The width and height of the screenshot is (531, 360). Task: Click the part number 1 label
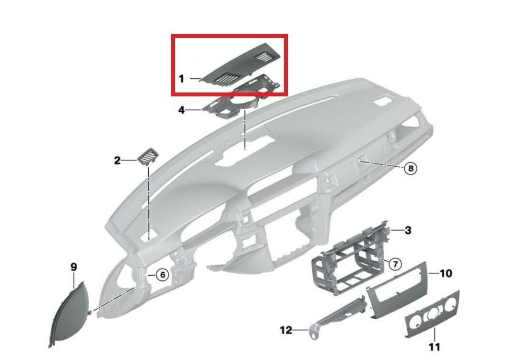[x=181, y=79]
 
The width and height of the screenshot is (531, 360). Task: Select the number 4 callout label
[x=182, y=110]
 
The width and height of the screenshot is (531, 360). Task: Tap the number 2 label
[x=117, y=160]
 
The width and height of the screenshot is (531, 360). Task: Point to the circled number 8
[x=411, y=168]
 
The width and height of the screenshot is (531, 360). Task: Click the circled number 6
[x=162, y=274]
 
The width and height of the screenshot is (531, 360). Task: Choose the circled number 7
[x=395, y=264]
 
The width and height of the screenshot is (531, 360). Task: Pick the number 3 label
[x=408, y=230]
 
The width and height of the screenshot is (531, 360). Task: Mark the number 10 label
[x=446, y=273]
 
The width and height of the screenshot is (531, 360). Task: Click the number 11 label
[x=435, y=347]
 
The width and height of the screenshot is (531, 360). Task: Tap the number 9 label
[x=73, y=267]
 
